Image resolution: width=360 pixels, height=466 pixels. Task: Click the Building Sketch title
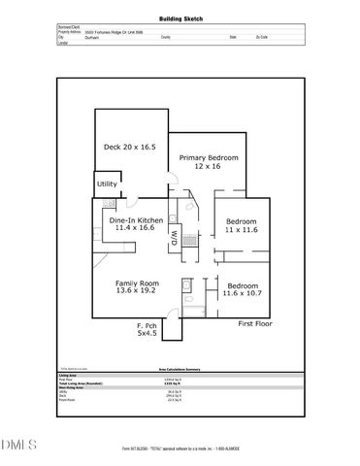tap(180, 18)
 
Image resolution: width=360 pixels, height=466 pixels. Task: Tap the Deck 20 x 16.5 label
tap(130, 148)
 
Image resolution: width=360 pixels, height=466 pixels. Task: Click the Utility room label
tap(107, 183)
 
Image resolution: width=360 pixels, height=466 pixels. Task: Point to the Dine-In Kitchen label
tap(135, 224)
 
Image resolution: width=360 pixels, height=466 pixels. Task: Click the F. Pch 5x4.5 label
tap(147, 329)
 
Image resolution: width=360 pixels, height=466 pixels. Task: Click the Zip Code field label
tap(263, 37)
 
